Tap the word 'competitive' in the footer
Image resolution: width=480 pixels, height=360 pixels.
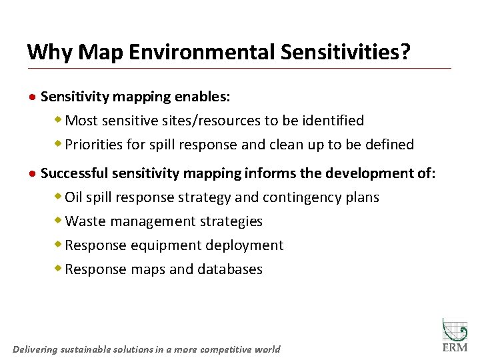tap(225, 349)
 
